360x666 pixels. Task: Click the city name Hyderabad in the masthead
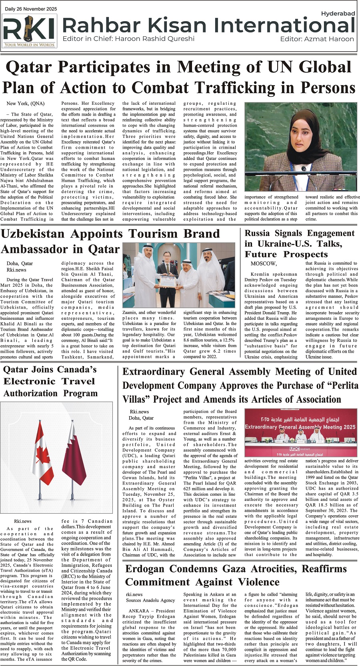(338, 14)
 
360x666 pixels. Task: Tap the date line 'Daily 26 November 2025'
(31, 9)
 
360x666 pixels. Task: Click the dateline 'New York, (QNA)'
(26, 104)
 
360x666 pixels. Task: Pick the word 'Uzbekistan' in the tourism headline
(33, 234)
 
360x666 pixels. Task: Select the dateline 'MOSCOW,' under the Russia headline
(264, 263)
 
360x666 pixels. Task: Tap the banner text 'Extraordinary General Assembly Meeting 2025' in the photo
(300, 427)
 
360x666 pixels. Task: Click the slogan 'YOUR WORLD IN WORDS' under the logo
(29, 45)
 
